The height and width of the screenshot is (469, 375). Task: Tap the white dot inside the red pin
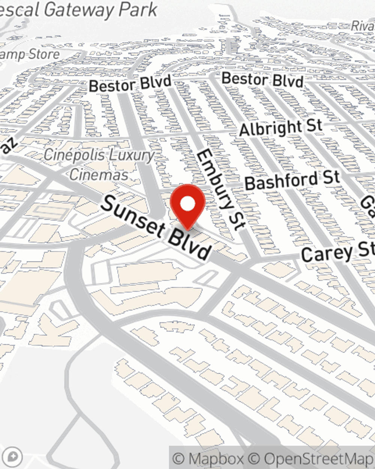click(x=187, y=204)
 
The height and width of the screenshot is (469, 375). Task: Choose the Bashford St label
click(x=292, y=180)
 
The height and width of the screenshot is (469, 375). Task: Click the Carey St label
click(x=337, y=252)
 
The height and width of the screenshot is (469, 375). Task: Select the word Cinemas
click(x=99, y=174)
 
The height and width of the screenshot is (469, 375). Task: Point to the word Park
click(x=138, y=9)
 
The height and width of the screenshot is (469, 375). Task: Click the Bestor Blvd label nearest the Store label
click(x=130, y=84)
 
